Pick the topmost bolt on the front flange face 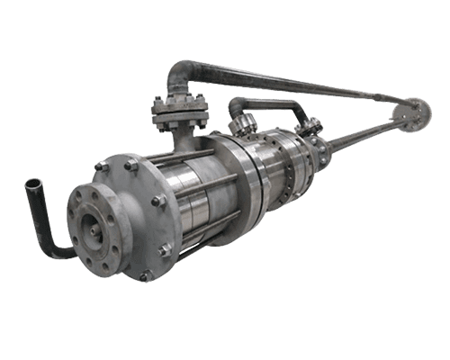click(x=102, y=166)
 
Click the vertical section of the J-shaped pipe click(x=40, y=216)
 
